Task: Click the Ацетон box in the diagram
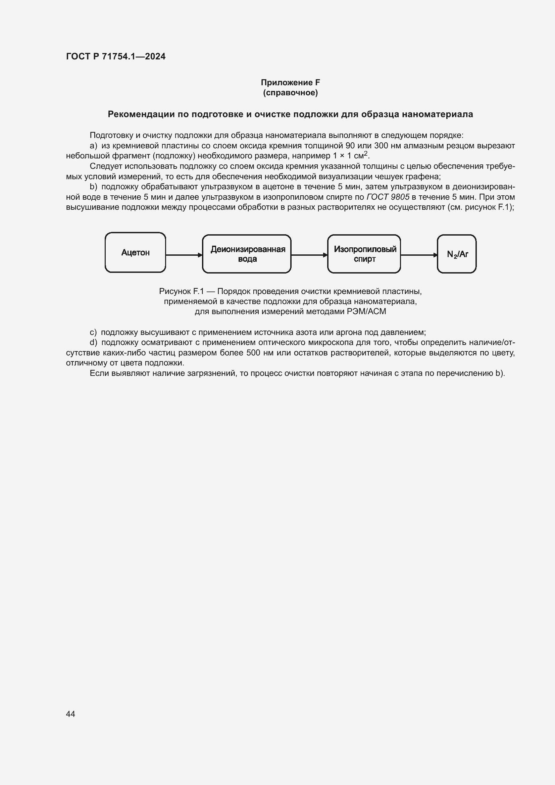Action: coord(135,253)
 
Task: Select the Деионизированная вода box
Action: coord(247,254)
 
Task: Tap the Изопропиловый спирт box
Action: coord(364,254)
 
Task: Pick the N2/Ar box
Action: coord(457,254)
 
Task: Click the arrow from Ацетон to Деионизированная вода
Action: coord(184,255)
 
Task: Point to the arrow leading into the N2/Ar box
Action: coord(419,255)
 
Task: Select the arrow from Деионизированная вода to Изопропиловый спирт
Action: coord(309,255)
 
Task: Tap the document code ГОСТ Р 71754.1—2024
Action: coord(115,57)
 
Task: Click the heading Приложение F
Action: coord(290,83)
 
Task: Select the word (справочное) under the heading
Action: coord(290,93)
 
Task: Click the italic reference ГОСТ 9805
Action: coord(388,197)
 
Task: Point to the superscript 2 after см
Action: coord(365,153)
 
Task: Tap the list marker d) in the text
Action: coord(93,343)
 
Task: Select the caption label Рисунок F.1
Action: coord(181,291)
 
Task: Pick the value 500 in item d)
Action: coord(253,353)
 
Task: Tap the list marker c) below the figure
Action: coord(93,332)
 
